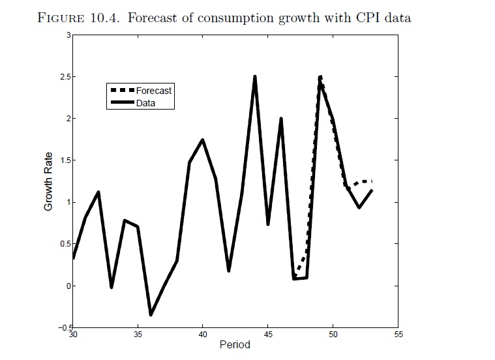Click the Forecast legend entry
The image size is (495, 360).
153,91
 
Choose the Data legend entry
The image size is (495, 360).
145,103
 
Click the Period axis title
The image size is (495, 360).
235,345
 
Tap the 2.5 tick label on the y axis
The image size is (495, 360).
63,77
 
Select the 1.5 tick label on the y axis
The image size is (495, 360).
63,160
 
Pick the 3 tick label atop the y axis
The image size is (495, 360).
67,35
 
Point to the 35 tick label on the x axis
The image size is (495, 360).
137,335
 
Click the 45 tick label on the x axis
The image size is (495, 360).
267,335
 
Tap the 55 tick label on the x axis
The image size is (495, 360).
398,335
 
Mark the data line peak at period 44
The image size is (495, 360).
254,77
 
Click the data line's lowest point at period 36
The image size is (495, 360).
151,315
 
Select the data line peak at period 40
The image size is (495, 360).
203,140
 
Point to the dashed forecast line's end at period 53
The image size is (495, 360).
372,181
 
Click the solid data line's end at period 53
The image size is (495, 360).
372,190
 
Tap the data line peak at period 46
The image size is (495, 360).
281,119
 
